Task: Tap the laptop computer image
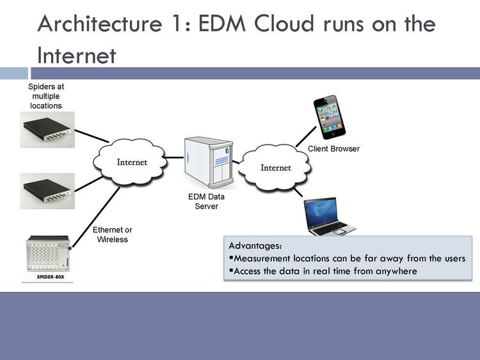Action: (x=328, y=217)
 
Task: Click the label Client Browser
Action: (x=333, y=149)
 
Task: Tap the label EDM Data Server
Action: (x=207, y=201)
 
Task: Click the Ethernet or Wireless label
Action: (x=113, y=235)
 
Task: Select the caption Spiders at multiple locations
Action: (x=46, y=95)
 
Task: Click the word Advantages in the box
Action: (x=255, y=246)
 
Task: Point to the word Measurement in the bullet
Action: (x=263, y=258)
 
